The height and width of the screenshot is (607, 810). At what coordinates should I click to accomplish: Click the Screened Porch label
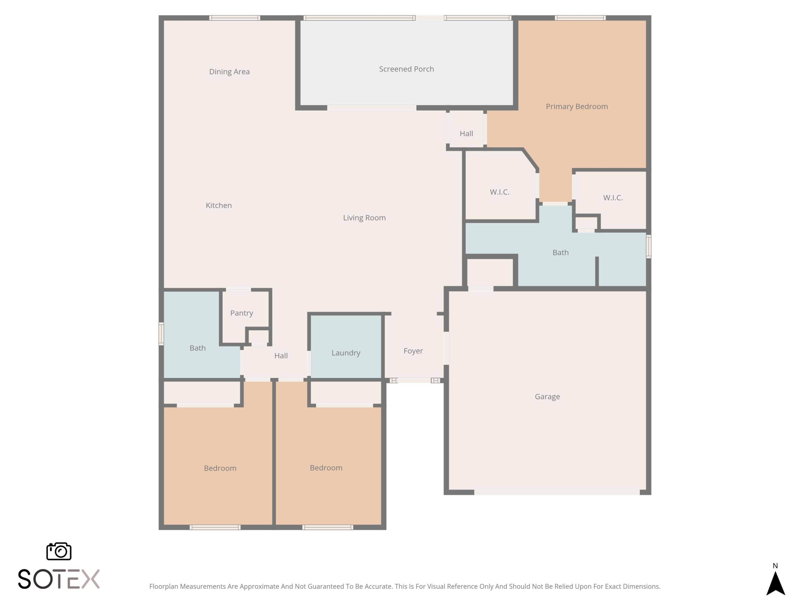point(406,69)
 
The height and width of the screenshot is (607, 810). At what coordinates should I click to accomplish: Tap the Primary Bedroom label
point(577,107)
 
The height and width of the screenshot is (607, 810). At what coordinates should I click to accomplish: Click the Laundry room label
point(346,353)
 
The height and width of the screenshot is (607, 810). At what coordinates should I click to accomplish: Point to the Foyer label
point(413,351)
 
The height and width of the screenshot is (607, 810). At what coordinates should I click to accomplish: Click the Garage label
point(547,397)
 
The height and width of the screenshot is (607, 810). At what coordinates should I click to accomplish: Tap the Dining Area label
point(229,72)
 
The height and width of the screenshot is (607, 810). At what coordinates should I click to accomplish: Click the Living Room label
point(364,218)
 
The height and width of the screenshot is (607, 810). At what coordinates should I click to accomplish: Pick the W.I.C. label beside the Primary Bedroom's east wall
point(613,198)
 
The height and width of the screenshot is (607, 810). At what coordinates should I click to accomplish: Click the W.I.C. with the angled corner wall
point(499,192)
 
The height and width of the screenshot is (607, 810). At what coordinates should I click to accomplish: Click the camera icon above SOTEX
point(58,551)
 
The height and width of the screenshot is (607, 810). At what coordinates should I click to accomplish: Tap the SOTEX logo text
point(58,579)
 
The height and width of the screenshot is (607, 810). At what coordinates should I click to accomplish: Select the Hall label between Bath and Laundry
point(281,356)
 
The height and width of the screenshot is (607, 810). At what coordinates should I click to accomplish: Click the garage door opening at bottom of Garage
point(557,492)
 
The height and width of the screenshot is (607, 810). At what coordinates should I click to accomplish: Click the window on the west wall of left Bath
point(161,334)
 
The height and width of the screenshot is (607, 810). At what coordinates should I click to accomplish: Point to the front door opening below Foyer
point(414,380)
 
